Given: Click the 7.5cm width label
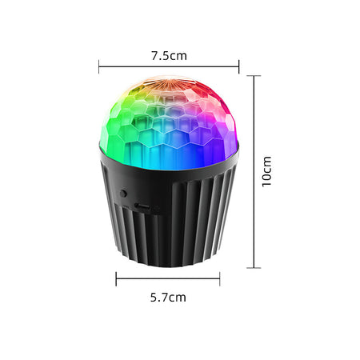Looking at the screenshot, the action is (169, 56).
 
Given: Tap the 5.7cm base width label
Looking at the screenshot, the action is (168, 297).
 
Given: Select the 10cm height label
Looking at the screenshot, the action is (266, 172).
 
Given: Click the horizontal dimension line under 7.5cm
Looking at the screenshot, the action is (169, 66).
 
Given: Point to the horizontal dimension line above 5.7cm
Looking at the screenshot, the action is (168, 279).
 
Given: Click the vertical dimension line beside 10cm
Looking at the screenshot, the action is (254, 172).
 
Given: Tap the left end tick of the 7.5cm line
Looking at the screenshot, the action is (99, 66).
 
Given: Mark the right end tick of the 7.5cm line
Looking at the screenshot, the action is (238, 66).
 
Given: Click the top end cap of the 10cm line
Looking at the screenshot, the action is (254, 76).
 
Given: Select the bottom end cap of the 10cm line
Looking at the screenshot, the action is (254, 267).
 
